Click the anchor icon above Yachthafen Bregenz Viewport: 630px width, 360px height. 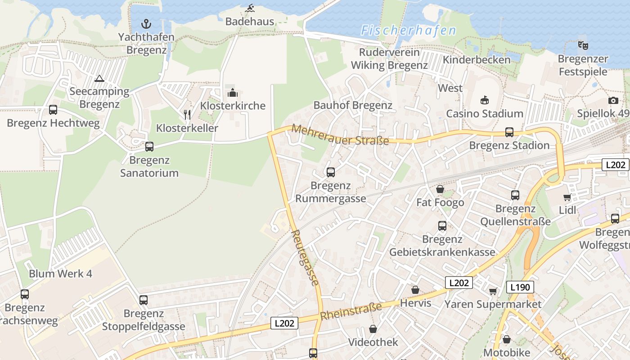(146, 23)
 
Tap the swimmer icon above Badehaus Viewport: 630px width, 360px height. (250, 8)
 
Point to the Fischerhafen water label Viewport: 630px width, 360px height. (408, 31)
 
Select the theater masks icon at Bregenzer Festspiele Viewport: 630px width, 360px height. (583, 45)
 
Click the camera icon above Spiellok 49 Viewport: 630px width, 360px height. (613, 100)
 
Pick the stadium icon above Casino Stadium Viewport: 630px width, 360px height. (485, 100)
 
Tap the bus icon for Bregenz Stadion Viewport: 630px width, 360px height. (509, 132)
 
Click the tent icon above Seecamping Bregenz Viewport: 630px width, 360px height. (99, 78)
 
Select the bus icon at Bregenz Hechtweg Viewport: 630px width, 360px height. (53, 110)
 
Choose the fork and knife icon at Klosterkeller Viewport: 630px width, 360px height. (187, 115)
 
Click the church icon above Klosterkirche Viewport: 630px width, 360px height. (233, 93)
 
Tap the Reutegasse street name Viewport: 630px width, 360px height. (306, 257)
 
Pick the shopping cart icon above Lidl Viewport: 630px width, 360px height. (567, 197)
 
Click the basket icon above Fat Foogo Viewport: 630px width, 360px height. (440, 189)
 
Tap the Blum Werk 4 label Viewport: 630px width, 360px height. (60, 274)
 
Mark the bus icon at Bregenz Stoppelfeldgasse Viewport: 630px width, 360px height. (144, 300)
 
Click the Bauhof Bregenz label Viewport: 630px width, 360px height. (353, 105)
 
